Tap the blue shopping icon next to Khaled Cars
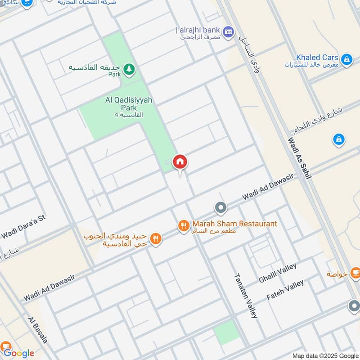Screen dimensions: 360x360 pyautogui.click(x=346, y=59)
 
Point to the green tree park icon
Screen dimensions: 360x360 pyautogui.click(x=130, y=69)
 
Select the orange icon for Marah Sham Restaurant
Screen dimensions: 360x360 pyautogui.click(x=183, y=226)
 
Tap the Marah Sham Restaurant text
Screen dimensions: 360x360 pyautogui.click(x=234, y=224)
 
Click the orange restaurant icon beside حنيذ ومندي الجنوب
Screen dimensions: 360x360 pyautogui.click(x=156, y=238)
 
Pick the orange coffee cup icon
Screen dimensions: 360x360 pyautogui.click(x=355, y=272)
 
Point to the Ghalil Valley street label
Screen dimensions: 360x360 pyautogui.click(x=277, y=273)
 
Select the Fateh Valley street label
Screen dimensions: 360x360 pyautogui.click(x=285, y=290)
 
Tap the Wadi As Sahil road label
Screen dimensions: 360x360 pyautogui.click(x=299, y=158)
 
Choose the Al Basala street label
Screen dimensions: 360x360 pyautogui.click(x=37, y=330)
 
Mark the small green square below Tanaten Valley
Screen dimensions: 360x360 pyautogui.click(x=226, y=333)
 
